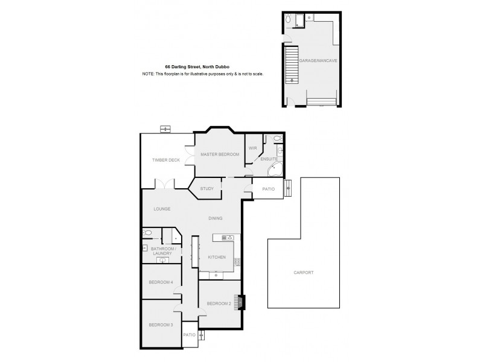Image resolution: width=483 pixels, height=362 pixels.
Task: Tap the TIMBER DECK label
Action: click(165, 160)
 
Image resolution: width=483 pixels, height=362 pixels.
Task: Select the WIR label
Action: click(252, 147)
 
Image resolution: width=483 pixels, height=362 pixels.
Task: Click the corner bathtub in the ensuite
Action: click(275, 168)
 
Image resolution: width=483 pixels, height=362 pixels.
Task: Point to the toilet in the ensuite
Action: click(277, 139)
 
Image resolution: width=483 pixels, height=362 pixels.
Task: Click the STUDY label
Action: click(206, 189)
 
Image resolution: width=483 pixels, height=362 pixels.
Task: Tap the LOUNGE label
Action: click(162, 209)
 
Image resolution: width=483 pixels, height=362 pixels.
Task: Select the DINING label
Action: click(216, 218)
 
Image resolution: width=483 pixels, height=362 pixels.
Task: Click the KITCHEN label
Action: click(217, 257)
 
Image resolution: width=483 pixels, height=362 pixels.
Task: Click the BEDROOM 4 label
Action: click(161, 282)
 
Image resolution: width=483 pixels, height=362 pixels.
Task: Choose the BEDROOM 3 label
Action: click(161, 325)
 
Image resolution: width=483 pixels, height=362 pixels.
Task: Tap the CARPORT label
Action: click(304, 273)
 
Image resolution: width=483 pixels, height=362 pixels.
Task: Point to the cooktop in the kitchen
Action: click(228, 237)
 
